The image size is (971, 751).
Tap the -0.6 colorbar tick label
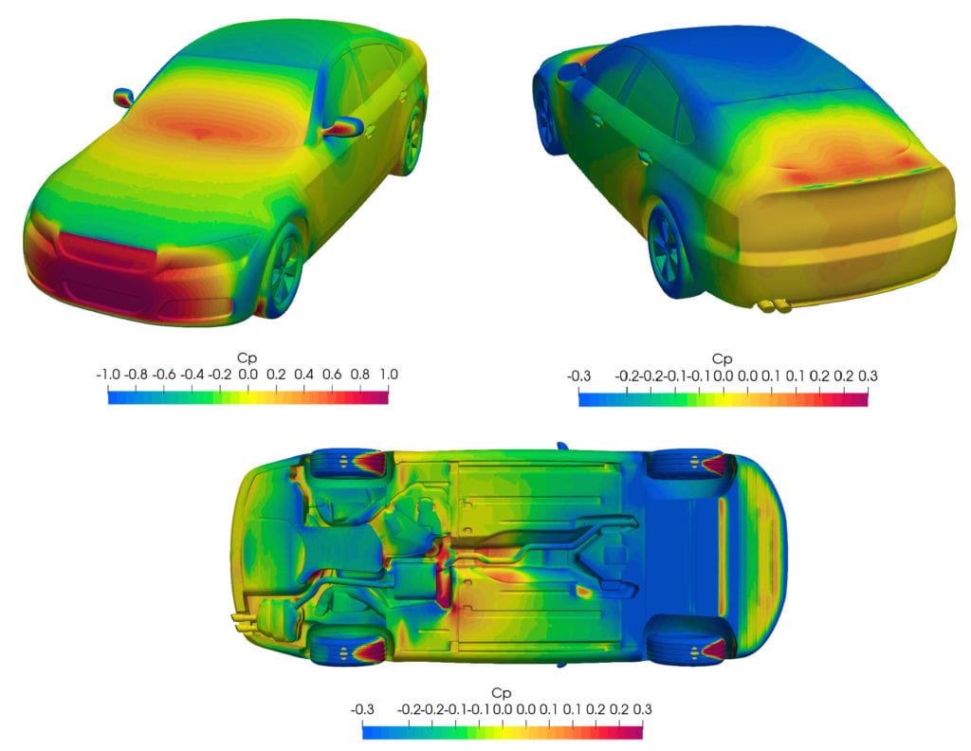pyautogui.click(x=167, y=375)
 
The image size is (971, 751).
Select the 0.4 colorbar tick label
pyautogui.click(x=304, y=375)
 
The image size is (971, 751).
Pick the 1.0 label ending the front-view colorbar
pyautogui.click(x=389, y=375)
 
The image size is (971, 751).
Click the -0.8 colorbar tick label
pyautogui.click(x=137, y=375)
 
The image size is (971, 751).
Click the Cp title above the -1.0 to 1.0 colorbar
pyautogui.click(x=248, y=358)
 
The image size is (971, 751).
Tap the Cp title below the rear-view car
pyautogui.click(x=723, y=359)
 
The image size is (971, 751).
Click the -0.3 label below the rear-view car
pyautogui.click(x=580, y=375)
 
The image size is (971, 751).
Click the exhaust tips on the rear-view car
pyautogui.click(x=772, y=305)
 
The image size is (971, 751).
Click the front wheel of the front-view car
pyautogui.click(x=282, y=270)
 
